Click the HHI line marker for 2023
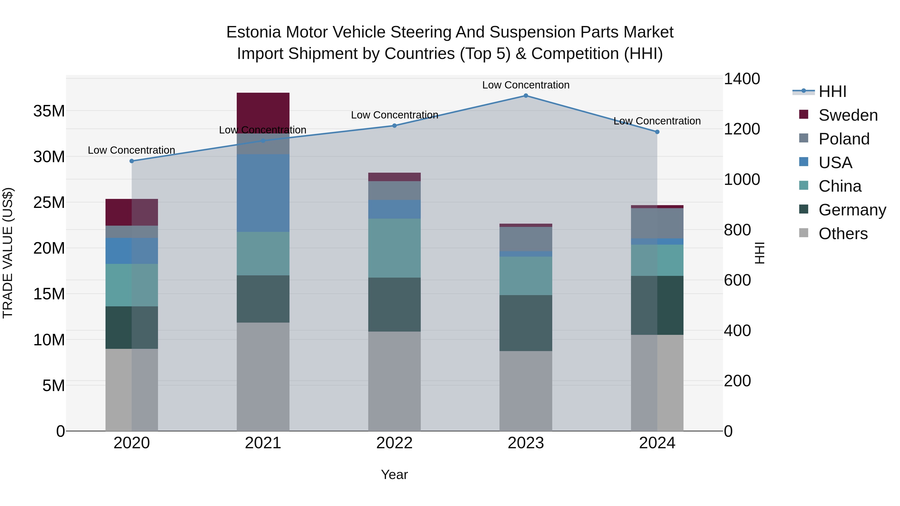coord(525,96)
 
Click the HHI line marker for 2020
coord(132,161)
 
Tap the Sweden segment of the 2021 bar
coord(263,112)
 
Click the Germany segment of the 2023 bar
coord(525,323)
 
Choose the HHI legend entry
coord(832,91)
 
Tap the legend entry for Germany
coord(852,210)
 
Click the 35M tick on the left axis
coord(49,111)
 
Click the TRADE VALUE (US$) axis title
coord(8,253)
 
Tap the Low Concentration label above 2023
coord(525,85)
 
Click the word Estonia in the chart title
coord(253,32)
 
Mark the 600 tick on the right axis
coord(737,280)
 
